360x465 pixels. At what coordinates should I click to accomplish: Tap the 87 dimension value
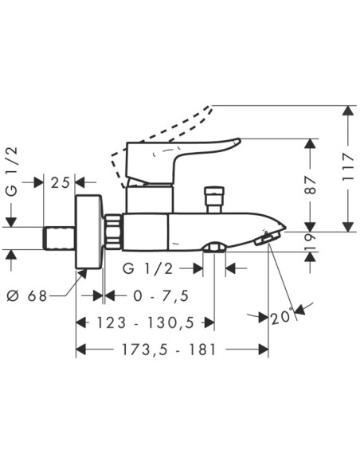pyautogui.click(x=311, y=185)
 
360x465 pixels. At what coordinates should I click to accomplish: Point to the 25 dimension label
pyautogui.click(x=60, y=182)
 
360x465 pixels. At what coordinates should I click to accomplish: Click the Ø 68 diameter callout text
pyautogui.click(x=27, y=295)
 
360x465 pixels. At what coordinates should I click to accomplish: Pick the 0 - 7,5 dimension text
pyautogui.click(x=161, y=296)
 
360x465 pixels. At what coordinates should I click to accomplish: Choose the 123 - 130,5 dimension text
pyautogui.click(x=145, y=322)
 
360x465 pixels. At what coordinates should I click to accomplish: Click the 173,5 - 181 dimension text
pyautogui.click(x=170, y=350)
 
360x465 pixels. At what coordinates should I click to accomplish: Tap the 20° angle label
pyautogui.click(x=282, y=318)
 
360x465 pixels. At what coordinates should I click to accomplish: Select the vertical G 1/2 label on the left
pyautogui.click(x=12, y=172)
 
